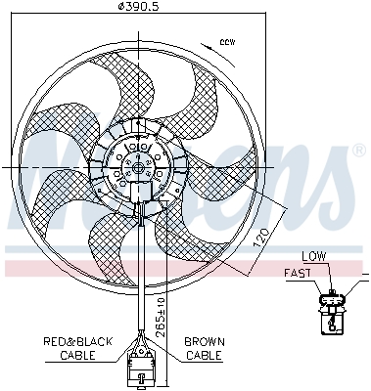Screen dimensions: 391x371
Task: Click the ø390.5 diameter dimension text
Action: (x=137, y=8)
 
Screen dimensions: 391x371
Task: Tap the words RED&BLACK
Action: (x=78, y=341)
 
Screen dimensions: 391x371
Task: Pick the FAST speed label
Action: (x=298, y=273)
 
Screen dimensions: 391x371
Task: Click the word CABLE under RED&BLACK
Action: (x=78, y=355)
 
